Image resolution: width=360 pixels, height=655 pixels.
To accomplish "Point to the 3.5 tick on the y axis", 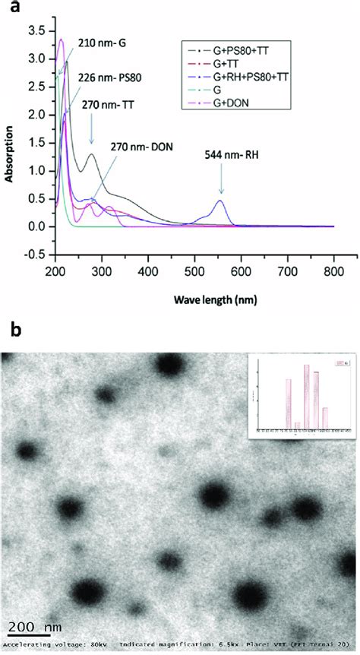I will [36, 30].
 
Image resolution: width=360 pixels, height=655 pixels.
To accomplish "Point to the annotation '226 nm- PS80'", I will [103, 76].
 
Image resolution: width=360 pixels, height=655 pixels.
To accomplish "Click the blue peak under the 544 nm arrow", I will [220, 201].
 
